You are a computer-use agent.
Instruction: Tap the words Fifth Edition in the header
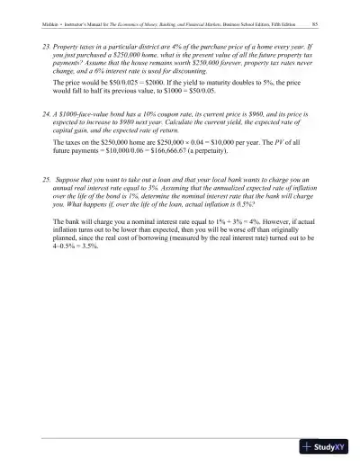[x=276, y=23]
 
